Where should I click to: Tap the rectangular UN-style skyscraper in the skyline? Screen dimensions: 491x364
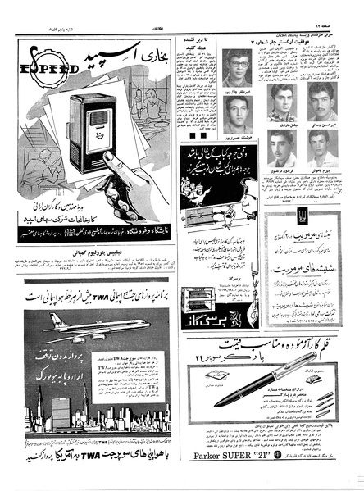[55, 415]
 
